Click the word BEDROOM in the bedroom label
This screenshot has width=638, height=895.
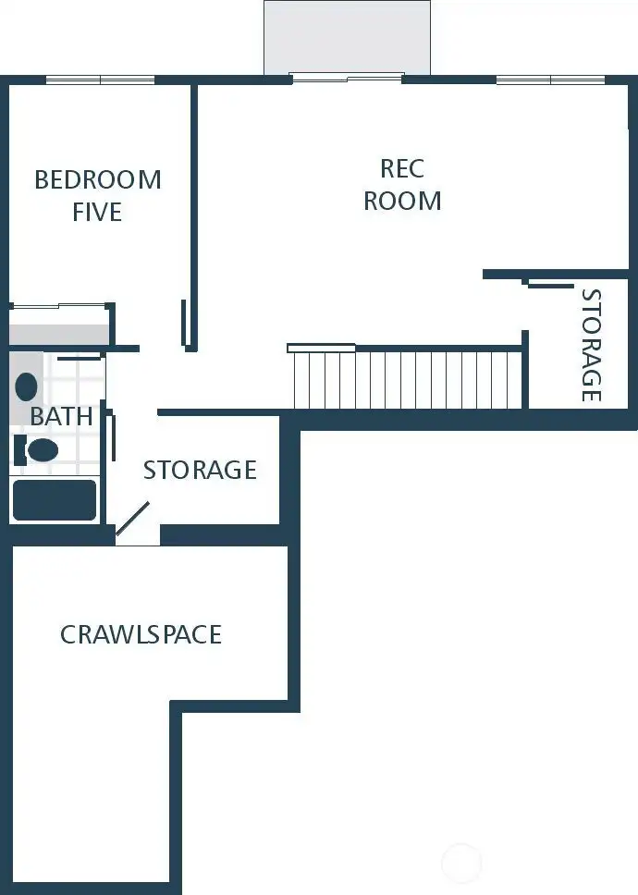click(98, 178)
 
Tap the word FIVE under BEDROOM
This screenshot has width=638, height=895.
click(97, 212)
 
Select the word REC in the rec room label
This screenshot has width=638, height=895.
click(402, 168)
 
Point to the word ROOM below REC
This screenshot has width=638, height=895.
click(402, 201)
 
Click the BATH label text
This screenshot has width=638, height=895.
click(61, 416)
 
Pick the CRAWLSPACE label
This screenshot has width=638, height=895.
click(141, 634)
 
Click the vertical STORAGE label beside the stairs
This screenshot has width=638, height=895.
click(590, 346)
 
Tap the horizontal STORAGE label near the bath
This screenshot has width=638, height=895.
click(200, 470)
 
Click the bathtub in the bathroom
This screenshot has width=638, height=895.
click(54, 499)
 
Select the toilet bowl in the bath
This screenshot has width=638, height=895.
click(42, 450)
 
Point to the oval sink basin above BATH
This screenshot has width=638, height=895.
click(27, 386)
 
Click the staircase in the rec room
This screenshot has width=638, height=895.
click(407, 378)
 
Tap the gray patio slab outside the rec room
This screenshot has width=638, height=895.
click(347, 37)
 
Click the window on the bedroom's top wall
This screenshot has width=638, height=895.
click(100, 80)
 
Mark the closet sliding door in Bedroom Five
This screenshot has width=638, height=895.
click(60, 306)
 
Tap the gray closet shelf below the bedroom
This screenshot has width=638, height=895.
click(59, 333)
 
